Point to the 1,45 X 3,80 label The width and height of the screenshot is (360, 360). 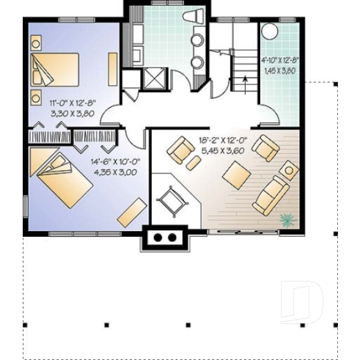tap(278, 72)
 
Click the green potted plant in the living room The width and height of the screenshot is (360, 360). tap(287, 218)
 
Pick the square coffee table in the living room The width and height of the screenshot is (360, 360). tap(236, 175)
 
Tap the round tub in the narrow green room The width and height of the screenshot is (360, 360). tap(271, 32)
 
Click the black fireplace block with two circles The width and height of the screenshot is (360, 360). tap(166, 238)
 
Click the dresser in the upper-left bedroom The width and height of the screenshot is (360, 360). tap(112, 68)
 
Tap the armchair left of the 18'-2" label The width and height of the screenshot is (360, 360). tap(178, 151)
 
